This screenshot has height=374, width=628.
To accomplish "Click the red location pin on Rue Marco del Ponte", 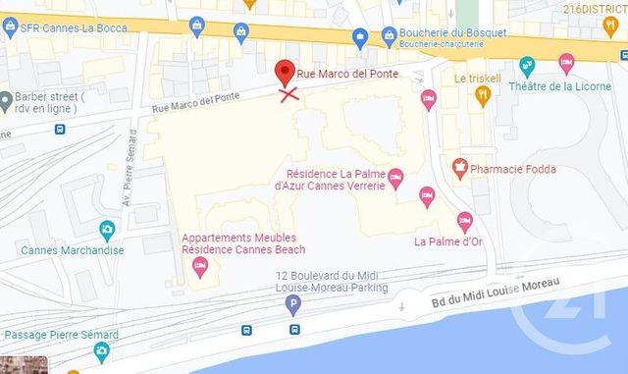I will (285, 71).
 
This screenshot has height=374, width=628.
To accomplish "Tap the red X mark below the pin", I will (288, 94).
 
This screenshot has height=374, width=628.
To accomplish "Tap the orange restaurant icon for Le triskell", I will (482, 94).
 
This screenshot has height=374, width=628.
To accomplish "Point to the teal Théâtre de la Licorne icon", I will (527, 65).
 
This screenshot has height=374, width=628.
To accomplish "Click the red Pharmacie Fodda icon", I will (459, 169).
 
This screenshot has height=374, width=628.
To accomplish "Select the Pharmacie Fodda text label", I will (513, 169).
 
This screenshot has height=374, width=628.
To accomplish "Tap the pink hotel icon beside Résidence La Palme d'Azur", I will (395, 179).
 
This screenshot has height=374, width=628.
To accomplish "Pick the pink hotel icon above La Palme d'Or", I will (464, 220).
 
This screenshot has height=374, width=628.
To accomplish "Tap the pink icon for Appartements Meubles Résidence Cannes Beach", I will (199, 264).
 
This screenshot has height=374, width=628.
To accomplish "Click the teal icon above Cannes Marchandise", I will (107, 230).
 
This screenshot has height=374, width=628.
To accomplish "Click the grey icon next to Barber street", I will (6, 98).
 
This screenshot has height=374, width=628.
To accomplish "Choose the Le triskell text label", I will (478, 78).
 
